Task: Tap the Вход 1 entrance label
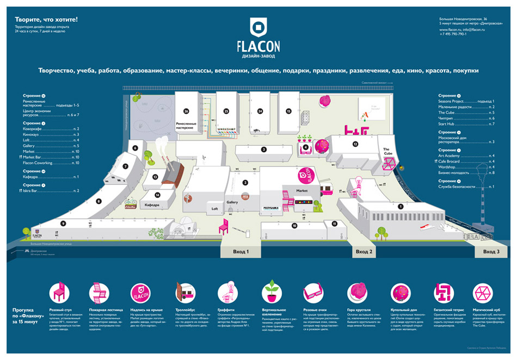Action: point(240,252)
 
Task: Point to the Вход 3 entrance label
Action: point(491,252)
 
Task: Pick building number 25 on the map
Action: point(226,111)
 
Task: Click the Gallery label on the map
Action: point(232,202)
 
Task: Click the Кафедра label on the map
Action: point(151,205)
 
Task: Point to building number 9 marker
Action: point(64,224)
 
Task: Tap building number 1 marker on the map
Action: point(401,206)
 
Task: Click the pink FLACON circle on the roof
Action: point(306,175)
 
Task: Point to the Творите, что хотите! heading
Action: point(47,20)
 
